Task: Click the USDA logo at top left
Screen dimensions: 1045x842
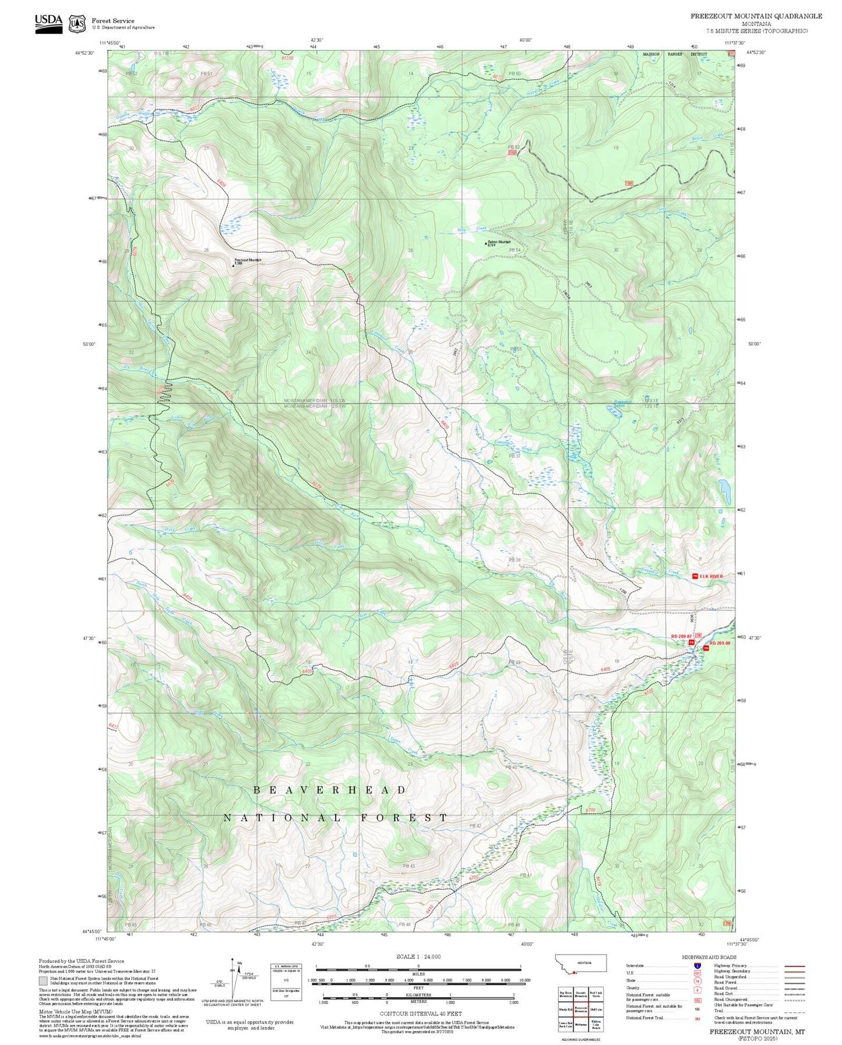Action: [48, 23]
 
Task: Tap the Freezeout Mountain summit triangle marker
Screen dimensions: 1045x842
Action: [234, 265]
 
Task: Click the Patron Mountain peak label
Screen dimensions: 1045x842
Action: [499, 242]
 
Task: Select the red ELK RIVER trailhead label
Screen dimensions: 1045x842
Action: [711, 576]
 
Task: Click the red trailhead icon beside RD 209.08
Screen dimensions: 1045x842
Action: [705, 648]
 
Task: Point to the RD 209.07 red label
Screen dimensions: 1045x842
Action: [681, 636]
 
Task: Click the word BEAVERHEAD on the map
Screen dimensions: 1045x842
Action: [330, 790]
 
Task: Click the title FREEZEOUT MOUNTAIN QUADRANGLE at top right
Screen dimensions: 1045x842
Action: [756, 16]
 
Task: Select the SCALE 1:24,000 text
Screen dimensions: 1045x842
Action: [418, 956]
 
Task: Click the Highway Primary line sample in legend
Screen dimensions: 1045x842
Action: [794, 966]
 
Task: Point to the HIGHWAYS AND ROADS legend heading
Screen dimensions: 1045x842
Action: [709, 957]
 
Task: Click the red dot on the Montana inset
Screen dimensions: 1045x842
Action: [574, 972]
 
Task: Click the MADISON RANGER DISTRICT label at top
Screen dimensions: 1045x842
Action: [675, 54]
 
